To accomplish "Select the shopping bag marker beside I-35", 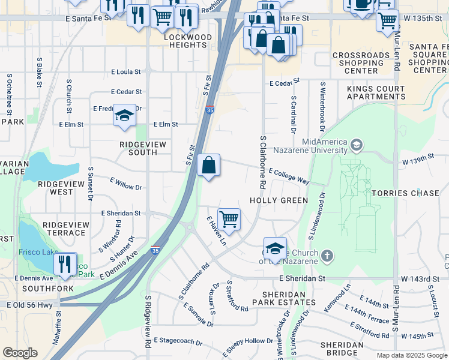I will point(208,165).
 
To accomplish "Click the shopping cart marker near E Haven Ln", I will point(229,219).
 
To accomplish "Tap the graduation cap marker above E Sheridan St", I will point(274,248).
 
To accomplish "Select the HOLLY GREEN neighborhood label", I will point(279,200).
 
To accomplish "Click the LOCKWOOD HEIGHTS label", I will point(188,41).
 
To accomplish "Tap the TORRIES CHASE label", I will point(405,193).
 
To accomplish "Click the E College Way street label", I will point(289,176).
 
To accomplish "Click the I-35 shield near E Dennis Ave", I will point(155,250).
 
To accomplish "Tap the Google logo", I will point(20,353).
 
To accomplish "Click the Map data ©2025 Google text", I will point(412,355).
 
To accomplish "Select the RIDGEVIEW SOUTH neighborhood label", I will point(138,148).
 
